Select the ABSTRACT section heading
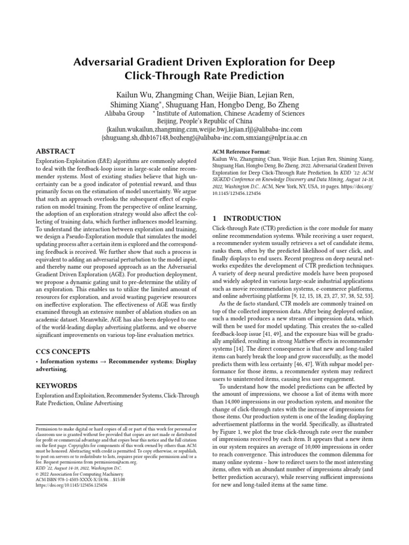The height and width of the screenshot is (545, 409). click(x=55, y=151)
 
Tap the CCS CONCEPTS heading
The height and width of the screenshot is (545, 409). click(x=63, y=352)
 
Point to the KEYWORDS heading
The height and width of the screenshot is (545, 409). click(x=56, y=385)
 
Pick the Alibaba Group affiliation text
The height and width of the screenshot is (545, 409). click(x=124, y=113)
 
